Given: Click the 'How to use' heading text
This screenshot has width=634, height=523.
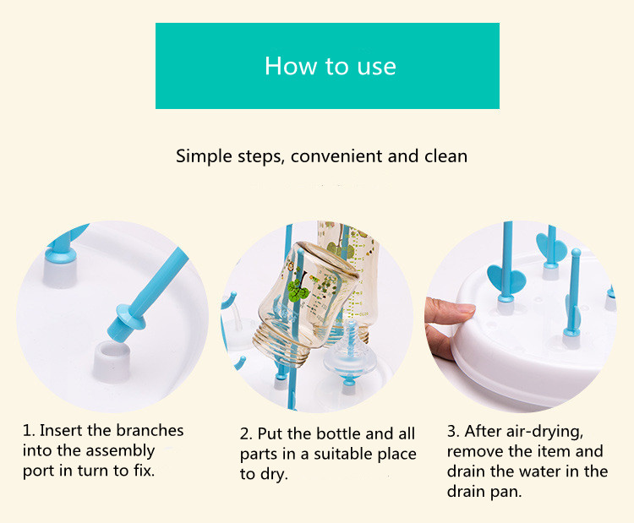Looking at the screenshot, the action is tap(331, 66).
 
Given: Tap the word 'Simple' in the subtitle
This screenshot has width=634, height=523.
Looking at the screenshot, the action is tap(205, 156).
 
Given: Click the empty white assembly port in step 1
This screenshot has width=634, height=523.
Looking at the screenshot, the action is tap(112, 361).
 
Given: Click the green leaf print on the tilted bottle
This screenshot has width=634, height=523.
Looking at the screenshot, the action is tap(298, 289).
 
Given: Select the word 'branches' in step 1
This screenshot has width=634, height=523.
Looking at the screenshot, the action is tap(150, 430).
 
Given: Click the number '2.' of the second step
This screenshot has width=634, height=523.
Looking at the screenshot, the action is tap(246, 434).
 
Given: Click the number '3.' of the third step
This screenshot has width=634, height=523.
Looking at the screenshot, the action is tap(453, 431).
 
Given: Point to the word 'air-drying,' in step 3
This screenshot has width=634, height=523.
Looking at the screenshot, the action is tap(523, 432).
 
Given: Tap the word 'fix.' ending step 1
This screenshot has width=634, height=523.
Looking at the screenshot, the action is tap(144, 471).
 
